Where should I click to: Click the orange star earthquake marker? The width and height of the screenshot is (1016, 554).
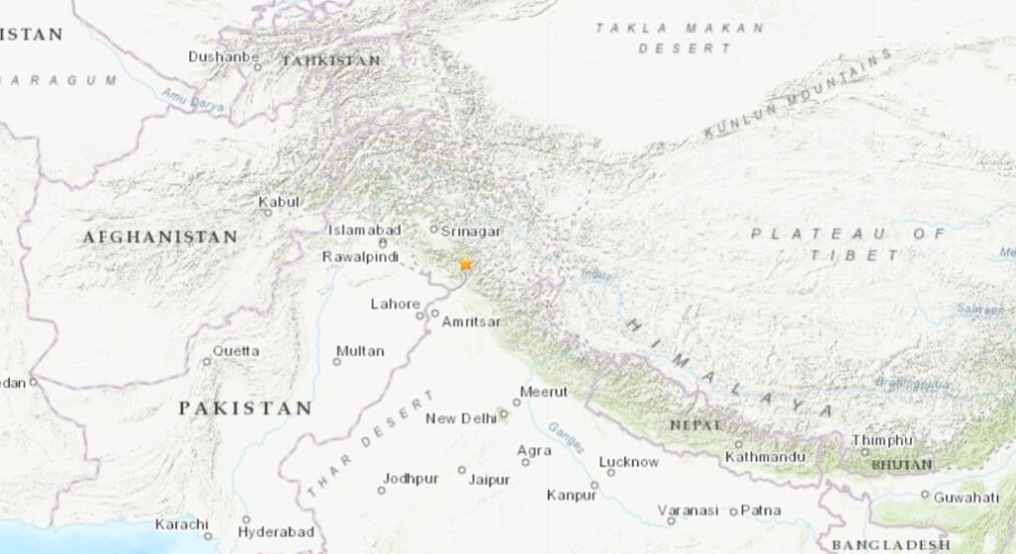click(465, 265)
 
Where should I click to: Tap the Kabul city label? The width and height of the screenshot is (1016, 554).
click(279, 202)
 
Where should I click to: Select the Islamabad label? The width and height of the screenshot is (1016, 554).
click(365, 230)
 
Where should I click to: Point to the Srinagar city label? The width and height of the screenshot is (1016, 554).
click(470, 230)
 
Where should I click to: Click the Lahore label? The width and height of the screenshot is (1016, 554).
click(395, 304)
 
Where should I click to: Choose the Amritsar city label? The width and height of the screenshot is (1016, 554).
click(471, 322)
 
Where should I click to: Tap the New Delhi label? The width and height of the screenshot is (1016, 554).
click(460, 419)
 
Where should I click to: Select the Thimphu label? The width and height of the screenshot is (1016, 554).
click(881, 440)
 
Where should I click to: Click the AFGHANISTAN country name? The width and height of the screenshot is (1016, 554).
click(160, 237)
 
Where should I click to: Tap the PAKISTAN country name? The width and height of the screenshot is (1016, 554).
click(245, 408)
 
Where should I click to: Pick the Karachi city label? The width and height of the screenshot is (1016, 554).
click(182, 524)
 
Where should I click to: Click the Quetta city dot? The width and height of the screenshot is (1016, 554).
click(207, 361)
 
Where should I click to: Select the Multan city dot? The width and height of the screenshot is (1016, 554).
click(336, 362)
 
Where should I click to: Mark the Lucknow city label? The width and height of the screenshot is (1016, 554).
click(629, 462)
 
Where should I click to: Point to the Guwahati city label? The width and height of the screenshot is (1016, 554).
click(966, 497)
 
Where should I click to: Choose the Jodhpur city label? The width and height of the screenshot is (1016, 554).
click(411, 479)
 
